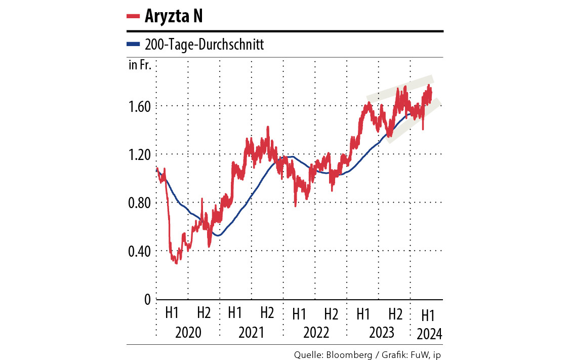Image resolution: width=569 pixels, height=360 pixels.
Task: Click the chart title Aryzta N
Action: tap(174, 16)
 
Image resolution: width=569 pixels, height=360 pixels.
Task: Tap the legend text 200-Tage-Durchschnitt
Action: tap(204, 45)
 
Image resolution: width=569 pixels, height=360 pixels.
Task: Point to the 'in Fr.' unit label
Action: tap(140, 65)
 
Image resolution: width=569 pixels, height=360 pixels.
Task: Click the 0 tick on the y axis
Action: tap(147, 300)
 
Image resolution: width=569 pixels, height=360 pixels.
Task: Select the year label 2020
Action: tap(188, 333)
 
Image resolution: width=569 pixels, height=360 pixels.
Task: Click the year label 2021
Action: tap(252, 333)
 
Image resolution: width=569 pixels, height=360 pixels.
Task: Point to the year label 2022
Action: tap(316, 333)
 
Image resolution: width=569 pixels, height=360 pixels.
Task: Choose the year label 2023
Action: tap(379, 333)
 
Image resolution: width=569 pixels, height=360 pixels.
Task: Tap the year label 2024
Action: tap(429, 334)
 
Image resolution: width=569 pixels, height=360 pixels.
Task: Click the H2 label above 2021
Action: tap(267, 313)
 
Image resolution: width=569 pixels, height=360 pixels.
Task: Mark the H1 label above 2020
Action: tap(172, 313)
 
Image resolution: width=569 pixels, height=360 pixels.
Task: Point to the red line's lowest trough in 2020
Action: tap(176, 263)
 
